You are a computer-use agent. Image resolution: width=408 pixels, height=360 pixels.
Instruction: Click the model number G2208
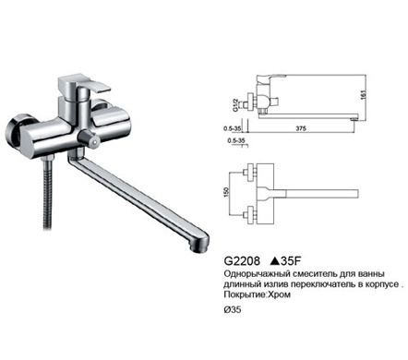[x=242, y=261]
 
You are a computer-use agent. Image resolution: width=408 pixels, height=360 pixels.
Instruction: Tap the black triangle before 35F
[x=275, y=261]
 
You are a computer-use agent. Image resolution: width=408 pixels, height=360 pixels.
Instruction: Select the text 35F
[x=291, y=261]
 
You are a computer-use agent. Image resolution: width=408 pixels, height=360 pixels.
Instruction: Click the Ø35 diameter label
[x=233, y=310]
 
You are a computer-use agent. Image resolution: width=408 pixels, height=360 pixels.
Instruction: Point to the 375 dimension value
[x=301, y=128]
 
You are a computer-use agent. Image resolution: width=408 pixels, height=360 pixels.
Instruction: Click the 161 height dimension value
[x=363, y=95]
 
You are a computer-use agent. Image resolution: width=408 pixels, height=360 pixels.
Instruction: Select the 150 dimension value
[x=227, y=192]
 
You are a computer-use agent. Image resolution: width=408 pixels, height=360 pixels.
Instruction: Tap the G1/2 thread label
[x=235, y=104]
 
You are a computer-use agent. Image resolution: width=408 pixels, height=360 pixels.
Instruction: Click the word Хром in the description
[x=279, y=294]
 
